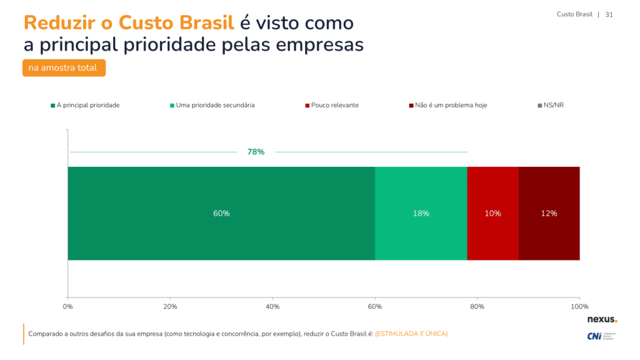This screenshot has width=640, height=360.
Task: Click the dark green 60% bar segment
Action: pos(221,213)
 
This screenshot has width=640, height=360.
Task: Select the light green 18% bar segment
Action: pos(421,213)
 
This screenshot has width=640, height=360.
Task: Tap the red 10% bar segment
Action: pos(492,213)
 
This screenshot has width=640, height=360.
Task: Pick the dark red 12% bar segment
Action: pos(549,213)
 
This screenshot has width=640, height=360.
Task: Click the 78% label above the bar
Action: pos(256,152)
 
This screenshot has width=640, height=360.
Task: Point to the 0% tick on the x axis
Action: pos(68,306)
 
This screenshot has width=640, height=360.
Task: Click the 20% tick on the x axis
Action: pos(170,306)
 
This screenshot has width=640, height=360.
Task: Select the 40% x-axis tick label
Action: pos(272,306)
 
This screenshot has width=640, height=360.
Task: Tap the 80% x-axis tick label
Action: pos(477,306)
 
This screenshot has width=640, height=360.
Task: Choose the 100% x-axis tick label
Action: pos(579,306)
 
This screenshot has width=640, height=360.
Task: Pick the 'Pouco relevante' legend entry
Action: pos(334,105)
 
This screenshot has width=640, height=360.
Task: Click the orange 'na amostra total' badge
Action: pos(64,67)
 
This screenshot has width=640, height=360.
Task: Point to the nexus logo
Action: pos(601,319)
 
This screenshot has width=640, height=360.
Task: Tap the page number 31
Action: pos(609,14)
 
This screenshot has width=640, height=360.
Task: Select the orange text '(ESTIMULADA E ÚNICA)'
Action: pos(411,334)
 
